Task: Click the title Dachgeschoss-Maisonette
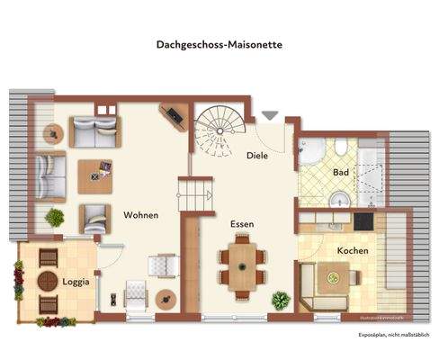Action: (x=219, y=42)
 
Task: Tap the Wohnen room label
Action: (x=141, y=215)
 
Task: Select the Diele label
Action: (x=257, y=155)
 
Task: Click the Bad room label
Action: (x=341, y=171)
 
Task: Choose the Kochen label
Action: (x=353, y=250)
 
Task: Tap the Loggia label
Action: (x=76, y=282)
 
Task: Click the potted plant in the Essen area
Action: (x=281, y=301)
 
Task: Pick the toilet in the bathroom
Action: (x=340, y=199)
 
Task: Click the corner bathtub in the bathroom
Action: (x=310, y=152)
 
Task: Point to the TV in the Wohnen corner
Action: (x=172, y=115)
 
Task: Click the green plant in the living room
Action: (x=55, y=217)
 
